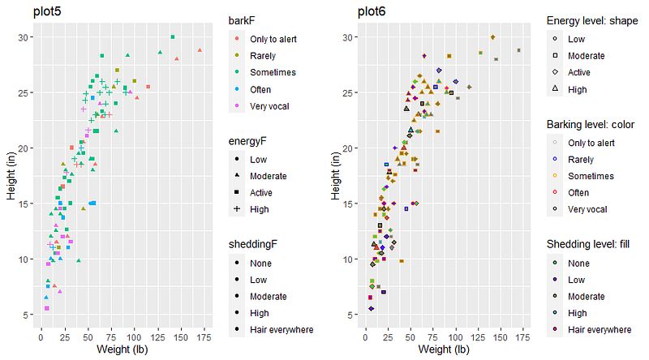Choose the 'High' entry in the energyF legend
pyautogui.click(x=260, y=209)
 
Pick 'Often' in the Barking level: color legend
pyautogui.click(x=580, y=193)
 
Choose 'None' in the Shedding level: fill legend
pyautogui.click(x=579, y=263)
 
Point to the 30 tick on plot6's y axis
pyautogui.click(x=348, y=37)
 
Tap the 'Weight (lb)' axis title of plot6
pyautogui.click(x=442, y=349)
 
